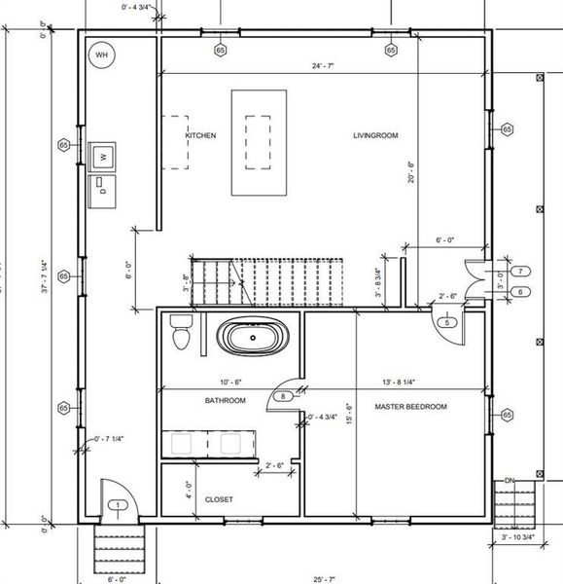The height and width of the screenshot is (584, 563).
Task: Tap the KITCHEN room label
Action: coord(200,135)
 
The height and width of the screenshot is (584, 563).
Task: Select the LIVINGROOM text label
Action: coord(375,135)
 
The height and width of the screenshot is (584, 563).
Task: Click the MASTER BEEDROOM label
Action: coord(410,406)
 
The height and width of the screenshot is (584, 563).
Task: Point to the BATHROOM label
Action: coord(225,400)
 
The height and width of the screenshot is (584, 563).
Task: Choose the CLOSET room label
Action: coord(219,499)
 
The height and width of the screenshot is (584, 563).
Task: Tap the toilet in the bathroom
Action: coord(181,333)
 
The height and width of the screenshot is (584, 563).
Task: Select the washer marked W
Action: coord(102,155)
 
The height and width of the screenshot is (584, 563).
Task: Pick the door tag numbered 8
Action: coord(284,396)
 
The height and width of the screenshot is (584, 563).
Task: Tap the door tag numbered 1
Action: coord(118,504)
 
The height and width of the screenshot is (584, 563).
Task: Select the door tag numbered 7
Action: coord(521,271)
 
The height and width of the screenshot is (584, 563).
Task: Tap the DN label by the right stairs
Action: coord(509,480)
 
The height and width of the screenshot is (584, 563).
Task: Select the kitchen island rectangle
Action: coord(259,143)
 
